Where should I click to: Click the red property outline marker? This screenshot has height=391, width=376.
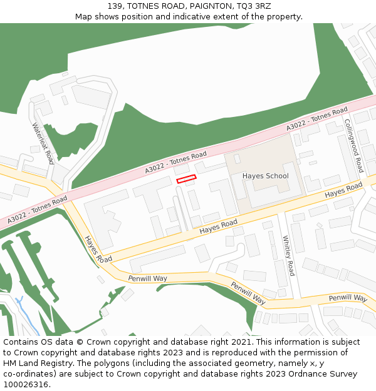(186, 179)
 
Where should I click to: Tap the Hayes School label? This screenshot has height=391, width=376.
(265, 176)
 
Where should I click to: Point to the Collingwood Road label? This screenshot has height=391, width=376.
(353, 146)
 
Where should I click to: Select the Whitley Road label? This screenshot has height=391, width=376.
(288, 255)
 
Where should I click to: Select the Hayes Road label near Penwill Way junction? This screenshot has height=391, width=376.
(98, 249)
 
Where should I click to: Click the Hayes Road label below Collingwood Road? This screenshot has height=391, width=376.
(343, 191)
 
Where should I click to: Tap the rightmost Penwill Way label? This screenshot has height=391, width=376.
(348, 298)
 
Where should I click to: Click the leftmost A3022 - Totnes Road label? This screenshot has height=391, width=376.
(38, 210)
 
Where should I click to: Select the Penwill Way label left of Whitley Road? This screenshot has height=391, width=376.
(148, 278)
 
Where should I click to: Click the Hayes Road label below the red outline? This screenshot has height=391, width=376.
(219, 227)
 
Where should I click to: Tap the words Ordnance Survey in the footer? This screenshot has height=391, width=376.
(326, 374)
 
